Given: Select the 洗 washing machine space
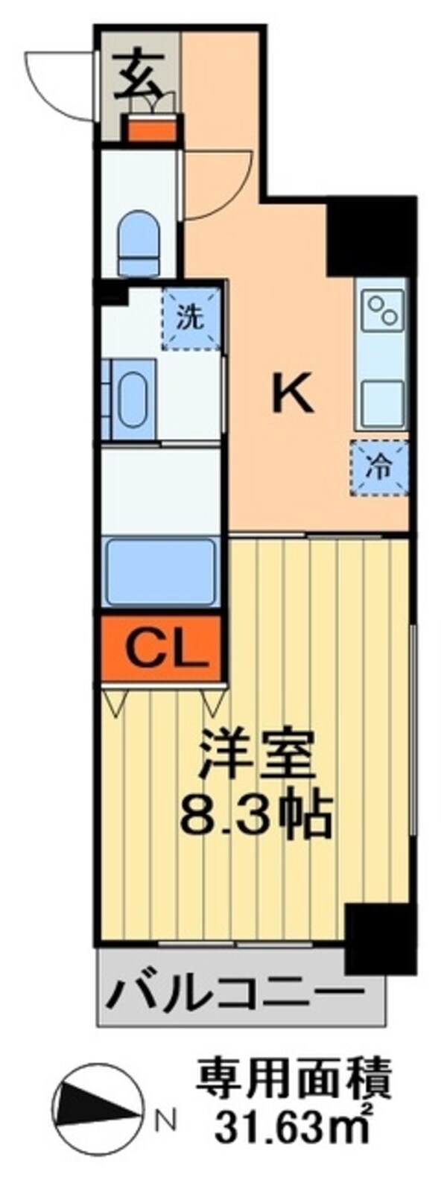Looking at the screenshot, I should coord(191,318).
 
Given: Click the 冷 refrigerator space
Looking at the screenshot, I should coord(380,469).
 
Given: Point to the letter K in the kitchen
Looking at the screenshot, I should coord(291,394).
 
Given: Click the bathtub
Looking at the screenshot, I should coord(161,571).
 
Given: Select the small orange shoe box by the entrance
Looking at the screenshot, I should coord(152,130).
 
